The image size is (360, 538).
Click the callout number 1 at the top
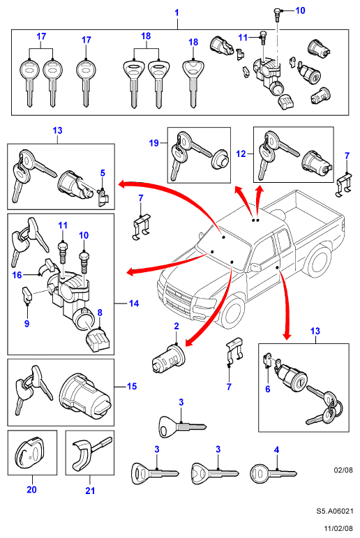coord(177,13)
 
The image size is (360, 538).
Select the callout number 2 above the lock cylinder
coord(177,326)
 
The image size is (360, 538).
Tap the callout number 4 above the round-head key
coord(276,449)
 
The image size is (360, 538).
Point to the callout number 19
coord(153,143)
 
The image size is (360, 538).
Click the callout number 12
coord(241,154)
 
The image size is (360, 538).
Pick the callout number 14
coord(134,304)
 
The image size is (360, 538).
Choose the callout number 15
coord(132,387)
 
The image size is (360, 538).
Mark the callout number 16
coord(17,275)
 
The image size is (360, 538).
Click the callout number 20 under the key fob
coord(31,489)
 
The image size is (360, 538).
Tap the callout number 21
coord(90,491)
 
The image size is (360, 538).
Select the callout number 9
coord(27,323)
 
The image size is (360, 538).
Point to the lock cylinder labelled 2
coord(168,358)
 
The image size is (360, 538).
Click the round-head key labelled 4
coord(273,474)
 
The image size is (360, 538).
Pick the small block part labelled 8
coord(98,340)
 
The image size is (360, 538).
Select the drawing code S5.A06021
coord(335,511)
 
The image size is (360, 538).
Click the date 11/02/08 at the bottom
coord(339,529)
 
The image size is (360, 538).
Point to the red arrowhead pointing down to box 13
coord(287,336)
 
